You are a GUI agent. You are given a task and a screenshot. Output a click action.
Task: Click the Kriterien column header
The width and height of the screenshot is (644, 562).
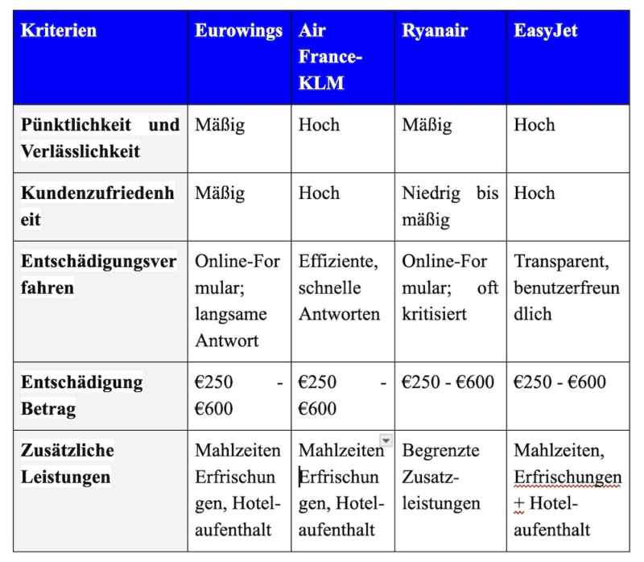coord(58,31)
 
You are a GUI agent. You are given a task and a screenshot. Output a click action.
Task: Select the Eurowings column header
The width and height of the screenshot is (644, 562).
coord(238,31)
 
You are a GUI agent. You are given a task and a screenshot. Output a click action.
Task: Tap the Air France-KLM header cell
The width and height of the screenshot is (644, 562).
coord(331,58)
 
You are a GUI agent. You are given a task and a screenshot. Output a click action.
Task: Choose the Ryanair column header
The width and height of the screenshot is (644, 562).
coord(436,31)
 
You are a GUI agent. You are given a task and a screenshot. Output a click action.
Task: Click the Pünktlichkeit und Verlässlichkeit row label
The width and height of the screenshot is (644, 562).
coord(100,138)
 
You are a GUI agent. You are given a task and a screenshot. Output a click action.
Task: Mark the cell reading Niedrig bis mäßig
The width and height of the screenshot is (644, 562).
coord(450,205)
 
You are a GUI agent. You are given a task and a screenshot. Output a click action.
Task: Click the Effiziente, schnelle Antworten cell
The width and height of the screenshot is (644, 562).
coord(339,287)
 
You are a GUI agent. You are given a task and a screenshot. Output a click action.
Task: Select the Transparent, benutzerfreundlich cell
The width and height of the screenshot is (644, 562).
coord(567,287)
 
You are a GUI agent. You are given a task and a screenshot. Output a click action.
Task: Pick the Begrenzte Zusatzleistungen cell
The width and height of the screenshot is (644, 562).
coord(440,477)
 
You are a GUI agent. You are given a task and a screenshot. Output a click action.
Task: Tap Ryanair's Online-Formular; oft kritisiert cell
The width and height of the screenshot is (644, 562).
coord(450,287)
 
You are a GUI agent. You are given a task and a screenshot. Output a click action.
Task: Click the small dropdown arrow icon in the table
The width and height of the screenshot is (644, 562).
coord(386,441)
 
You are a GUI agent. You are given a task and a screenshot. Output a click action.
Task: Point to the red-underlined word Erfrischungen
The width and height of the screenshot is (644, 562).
coord(568,477)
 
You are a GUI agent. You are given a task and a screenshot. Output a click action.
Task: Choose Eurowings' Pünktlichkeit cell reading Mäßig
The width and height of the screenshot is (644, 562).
coord(220,126)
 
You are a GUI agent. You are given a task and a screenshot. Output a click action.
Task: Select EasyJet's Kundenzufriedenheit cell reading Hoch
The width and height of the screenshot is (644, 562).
coord(535,193)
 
